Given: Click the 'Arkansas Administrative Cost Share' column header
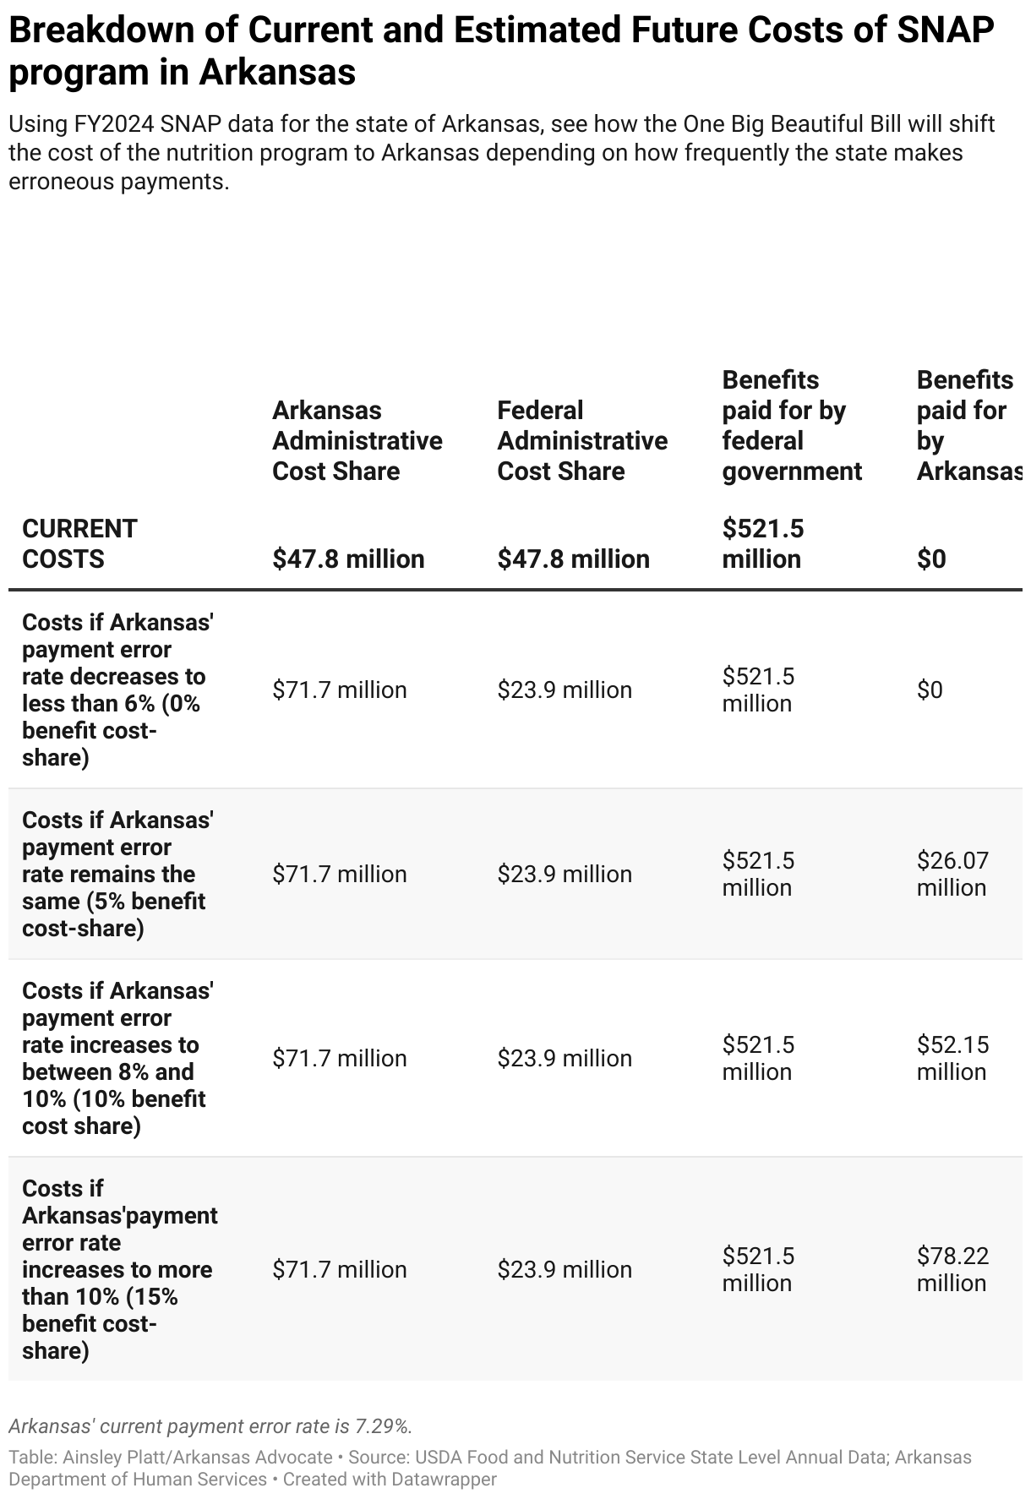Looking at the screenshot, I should [x=357, y=440].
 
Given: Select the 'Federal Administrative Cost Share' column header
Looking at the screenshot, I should [x=582, y=440].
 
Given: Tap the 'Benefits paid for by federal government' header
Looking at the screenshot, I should [x=792, y=425].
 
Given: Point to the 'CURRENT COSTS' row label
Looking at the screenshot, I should [x=79, y=543].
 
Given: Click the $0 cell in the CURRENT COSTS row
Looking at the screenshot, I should [x=931, y=559].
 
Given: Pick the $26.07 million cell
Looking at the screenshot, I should [x=952, y=874].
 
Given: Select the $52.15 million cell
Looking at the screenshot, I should [x=952, y=1058].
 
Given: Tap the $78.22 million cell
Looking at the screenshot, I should [x=952, y=1269].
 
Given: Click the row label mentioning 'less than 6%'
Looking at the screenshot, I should [x=117, y=690].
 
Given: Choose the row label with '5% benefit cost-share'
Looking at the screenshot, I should [x=117, y=874].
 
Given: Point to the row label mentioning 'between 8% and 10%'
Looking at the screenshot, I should [x=117, y=1058].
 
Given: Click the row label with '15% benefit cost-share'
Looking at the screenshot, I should [x=117, y=1269].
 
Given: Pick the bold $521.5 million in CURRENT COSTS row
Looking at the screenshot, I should [x=762, y=543].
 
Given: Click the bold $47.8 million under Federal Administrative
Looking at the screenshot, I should [x=573, y=559].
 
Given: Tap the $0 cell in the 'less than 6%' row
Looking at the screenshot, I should [x=930, y=690].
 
